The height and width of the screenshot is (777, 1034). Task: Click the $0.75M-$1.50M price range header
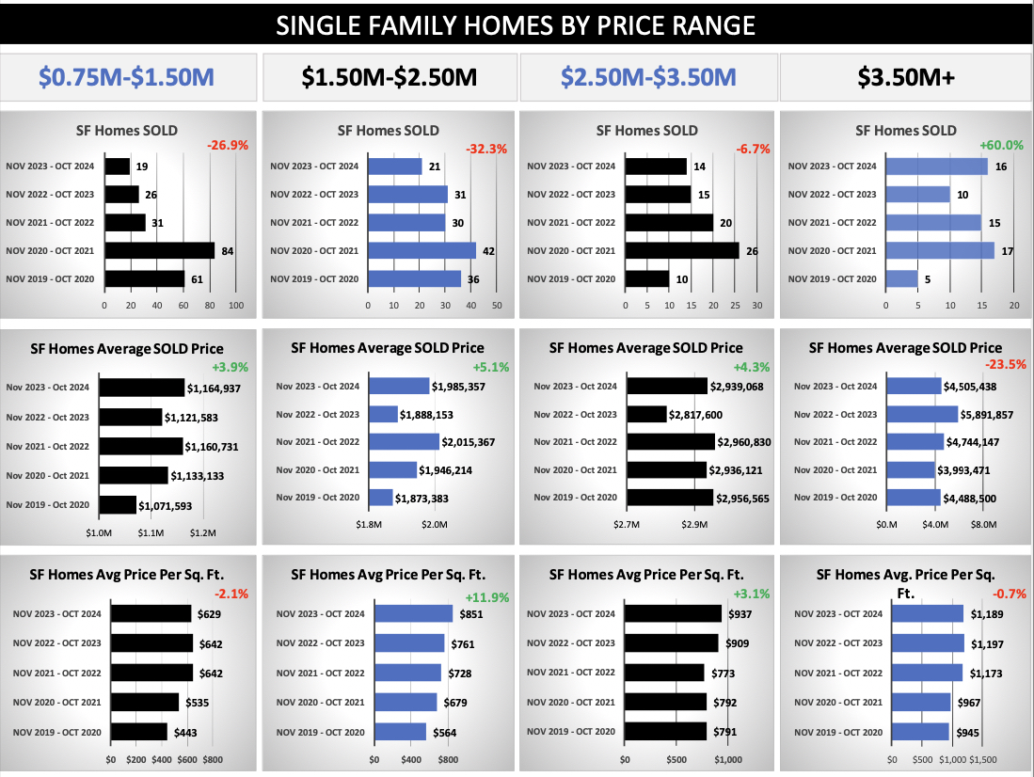pyautogui.click(x=128, y=77)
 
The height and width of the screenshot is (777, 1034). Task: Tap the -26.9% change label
pyautogui.click(x=228, y=146)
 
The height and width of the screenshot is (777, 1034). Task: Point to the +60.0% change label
pyautogui.click(x=1000, y=146)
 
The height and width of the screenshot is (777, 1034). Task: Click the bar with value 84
pyautogui.click(x=160, y=251)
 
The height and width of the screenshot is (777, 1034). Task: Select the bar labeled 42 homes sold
pyautogui.click(x=422, y=251)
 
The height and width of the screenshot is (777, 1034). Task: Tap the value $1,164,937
pyautogui.click(x=215, y=388)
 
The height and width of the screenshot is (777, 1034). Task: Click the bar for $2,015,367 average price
pyautogui.click(x=405, y=442)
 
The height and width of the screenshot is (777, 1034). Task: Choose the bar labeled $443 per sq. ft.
pyautogui.click(x=139, y=732)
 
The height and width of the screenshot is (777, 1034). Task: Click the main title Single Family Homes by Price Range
pyautogui.click(x=517, y=24)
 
